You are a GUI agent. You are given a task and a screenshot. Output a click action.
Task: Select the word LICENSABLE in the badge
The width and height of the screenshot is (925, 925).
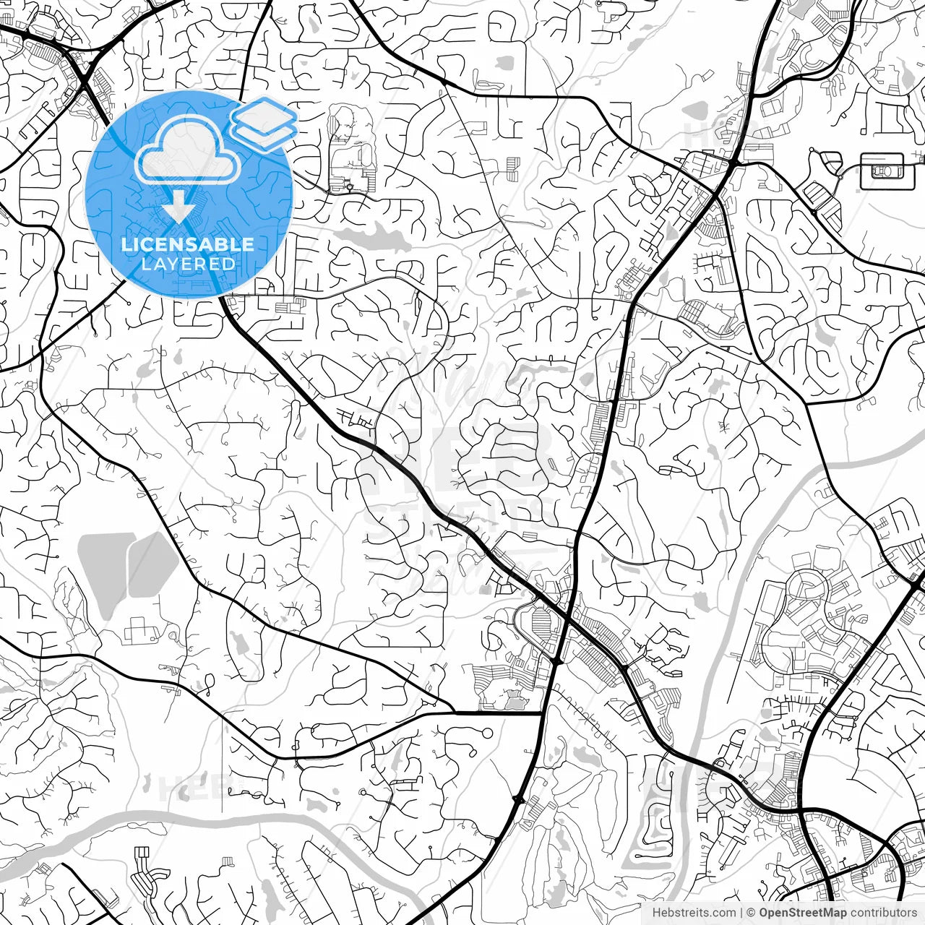pos(188,244)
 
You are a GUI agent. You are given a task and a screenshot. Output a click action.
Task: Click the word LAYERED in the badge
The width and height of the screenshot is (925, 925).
pos(188,264)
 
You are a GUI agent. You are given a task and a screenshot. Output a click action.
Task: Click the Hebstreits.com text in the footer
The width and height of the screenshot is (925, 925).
pos(694,913)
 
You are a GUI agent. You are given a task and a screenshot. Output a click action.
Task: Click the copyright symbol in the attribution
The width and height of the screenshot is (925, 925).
pos(751,913)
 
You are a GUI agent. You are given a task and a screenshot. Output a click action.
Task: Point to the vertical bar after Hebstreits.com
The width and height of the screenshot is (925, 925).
pos(741,913)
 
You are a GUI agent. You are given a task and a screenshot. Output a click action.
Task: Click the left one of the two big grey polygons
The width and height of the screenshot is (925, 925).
pos(106,571)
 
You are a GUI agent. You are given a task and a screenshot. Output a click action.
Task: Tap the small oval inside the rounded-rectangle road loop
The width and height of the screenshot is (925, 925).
pos(883,171)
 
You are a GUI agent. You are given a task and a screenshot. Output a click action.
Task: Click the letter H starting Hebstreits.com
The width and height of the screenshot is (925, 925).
pos(656,913)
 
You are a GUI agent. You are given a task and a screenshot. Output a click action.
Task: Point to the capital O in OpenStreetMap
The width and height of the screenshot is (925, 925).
pos(764,913)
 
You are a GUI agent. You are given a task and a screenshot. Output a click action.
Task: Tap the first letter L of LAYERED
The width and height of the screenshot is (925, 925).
pos(144,264)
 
